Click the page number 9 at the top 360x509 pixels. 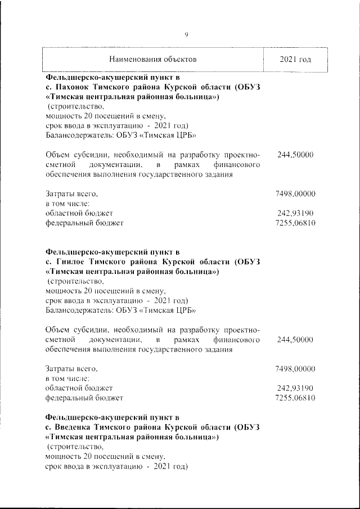(186, 35)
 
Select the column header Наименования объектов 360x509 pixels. (153, 59)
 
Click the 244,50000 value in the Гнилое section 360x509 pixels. (295, 340)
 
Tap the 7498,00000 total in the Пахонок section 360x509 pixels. (295, 194)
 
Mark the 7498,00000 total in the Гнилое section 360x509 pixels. (295, 369)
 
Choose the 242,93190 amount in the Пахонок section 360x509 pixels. (295, 213)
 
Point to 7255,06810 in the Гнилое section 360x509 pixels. (295, 398)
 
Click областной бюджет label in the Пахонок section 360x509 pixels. (79, 213)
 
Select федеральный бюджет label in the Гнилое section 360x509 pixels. (84, 398)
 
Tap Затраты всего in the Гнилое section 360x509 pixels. (71, 369)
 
